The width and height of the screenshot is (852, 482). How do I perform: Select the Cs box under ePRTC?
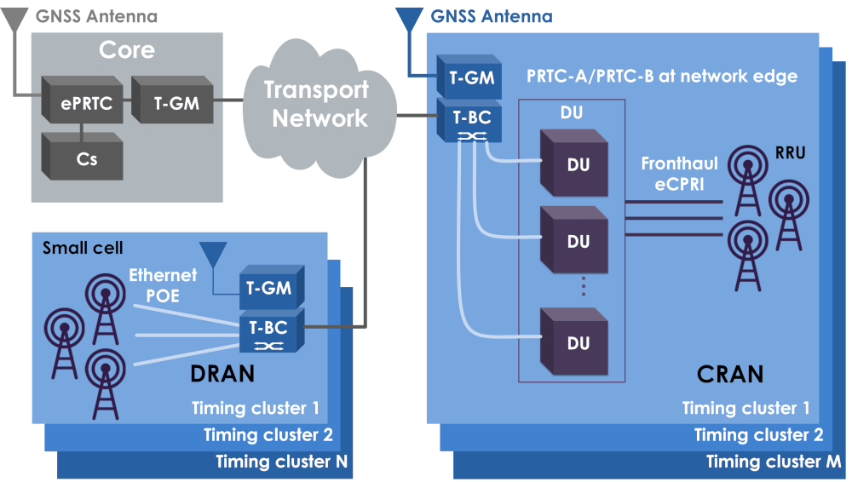82,158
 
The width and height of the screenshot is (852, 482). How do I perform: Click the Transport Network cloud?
315,104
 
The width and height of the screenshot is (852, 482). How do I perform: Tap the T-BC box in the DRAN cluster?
268,332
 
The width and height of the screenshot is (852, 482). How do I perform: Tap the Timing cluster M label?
774,462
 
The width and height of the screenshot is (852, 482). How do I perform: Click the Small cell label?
83,248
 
